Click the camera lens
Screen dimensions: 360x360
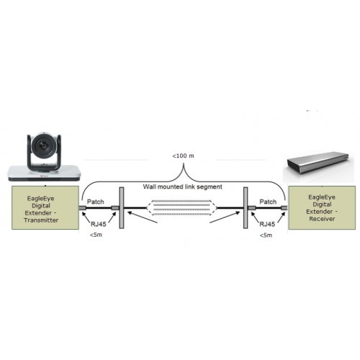click(44, 145)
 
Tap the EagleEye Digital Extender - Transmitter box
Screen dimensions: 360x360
click(45, 207)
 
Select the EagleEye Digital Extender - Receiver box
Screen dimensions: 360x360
click(322, 207)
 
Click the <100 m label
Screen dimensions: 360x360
click(183, 156)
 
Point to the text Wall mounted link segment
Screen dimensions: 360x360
click(183, 186)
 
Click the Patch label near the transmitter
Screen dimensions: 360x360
click(96, 202)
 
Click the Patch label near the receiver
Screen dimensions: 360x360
click(268, 202)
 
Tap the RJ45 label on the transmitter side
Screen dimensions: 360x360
click(99, 224)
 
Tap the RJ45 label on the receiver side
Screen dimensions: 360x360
click(267, 224)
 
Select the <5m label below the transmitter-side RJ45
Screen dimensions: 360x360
click(96, 235)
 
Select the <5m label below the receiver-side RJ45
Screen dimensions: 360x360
click(266, 235)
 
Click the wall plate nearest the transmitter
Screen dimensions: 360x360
click(122, 208)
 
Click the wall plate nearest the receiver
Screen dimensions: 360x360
click(246, 208)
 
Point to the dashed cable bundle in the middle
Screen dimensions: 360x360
click(182, 207)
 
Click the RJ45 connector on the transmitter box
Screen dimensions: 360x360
click(82, 208)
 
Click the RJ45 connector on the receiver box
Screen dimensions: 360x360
click(284, 208)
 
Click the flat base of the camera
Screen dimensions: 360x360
click(45, 173)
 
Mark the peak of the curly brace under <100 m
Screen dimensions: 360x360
click(184, 163)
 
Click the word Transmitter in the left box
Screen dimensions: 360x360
click(41, 220)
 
